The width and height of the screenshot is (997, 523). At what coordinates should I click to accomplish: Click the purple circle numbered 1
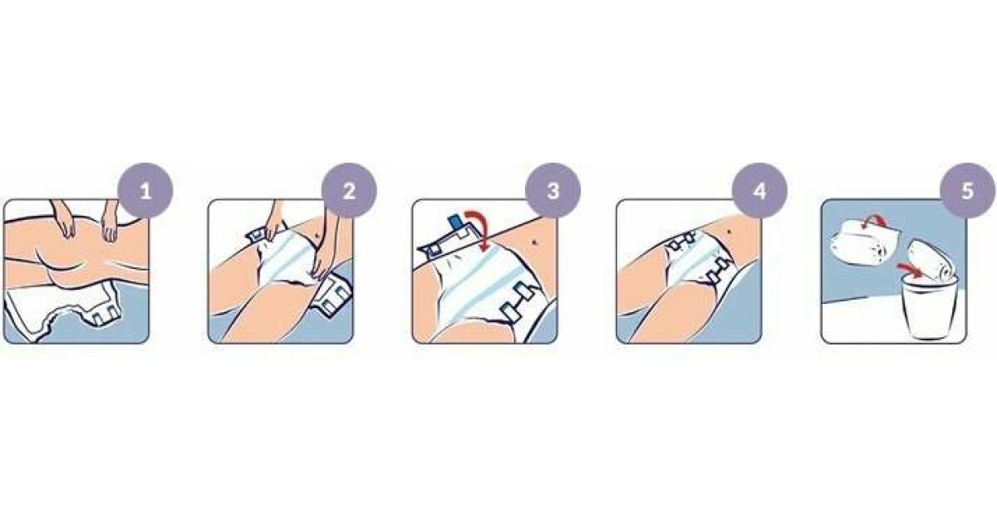pyautogui.click(x=145, y=191)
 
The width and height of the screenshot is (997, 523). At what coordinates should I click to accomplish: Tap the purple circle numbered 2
pyautogui.click(x=349, y=191)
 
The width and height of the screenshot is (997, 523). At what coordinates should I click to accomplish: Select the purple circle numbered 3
pyautogui.click(x=553, y=191)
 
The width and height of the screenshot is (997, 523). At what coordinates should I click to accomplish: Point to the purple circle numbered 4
pyautogui.click(x=759, y=191)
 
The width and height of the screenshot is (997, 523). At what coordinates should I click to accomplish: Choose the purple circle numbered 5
pyautogui.click(x=967, y=191)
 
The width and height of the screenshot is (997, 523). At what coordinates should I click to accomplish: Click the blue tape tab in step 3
pyautogui.click(x=455, y=222)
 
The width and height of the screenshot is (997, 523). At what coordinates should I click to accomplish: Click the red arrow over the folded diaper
pyautogui.click(x=873, y=221)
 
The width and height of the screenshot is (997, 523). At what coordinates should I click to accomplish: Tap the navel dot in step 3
pyautogui.click(x=534, y=242)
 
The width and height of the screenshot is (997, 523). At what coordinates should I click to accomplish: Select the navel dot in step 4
pyautogui.click(x=730, y=231)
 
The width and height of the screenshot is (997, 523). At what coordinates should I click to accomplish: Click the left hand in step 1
pyautogui.click(x=66, y=220)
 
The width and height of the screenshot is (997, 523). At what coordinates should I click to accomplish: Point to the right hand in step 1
pyautogui.click(x=110, y=222)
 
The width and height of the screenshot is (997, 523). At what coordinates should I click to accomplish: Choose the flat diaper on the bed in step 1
pyautogui.click(x=62, y=307)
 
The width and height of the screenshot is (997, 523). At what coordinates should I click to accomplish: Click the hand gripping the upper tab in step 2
pyautogui.click(x=273, y=222)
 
